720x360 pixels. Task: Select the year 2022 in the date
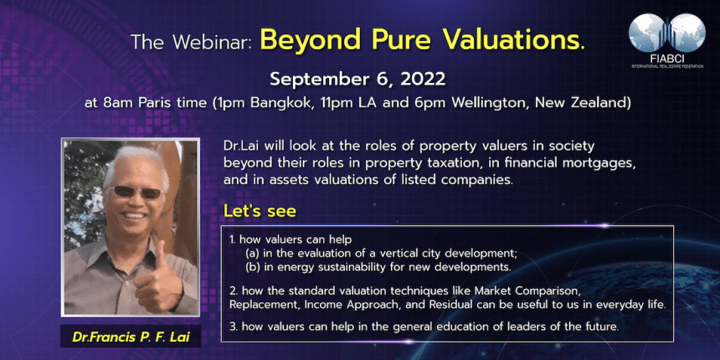click(x=423, y=79)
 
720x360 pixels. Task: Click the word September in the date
click(x=319, y=80)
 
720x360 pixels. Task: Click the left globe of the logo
click(x=646, y=32)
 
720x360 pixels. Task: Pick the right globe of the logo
click(x=687, y=32)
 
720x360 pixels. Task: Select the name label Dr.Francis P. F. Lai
click(x=131, y=337)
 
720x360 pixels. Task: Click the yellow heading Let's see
click(x=260, y=212)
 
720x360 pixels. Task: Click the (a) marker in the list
click(x=252, y=254)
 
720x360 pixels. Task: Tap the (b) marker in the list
click(x=252, y=267)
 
